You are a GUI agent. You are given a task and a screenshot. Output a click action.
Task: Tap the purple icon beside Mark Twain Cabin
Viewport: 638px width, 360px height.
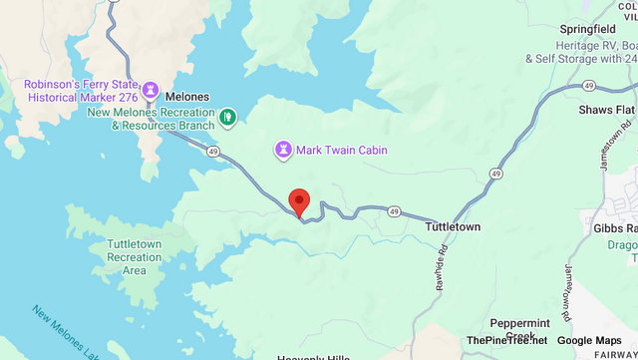(283, 150)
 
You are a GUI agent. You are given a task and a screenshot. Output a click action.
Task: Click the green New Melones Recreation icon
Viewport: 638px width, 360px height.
(228, 118)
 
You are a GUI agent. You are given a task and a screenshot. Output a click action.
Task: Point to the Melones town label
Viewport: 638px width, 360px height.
(186, 95)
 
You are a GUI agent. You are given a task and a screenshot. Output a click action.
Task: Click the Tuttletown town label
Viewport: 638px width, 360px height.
(453, 227)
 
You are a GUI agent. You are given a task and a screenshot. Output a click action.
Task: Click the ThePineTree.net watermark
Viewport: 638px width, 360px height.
(506, 341)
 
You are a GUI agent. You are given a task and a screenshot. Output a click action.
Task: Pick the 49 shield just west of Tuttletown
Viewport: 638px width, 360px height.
(395, 211)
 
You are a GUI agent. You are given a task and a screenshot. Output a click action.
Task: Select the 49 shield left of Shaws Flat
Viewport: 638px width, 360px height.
(495, 174)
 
